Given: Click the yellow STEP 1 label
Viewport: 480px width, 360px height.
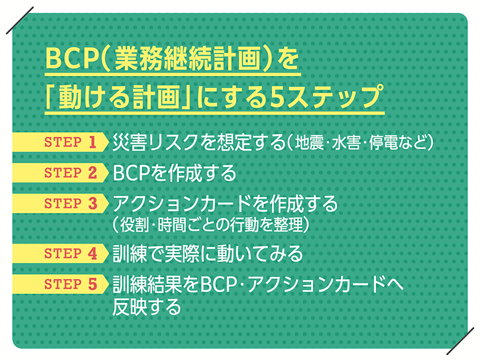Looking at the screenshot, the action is pos(61,142).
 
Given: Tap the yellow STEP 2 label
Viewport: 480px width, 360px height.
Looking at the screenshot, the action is pos(61,173).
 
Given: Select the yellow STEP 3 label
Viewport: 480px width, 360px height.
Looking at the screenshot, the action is pos(61,203).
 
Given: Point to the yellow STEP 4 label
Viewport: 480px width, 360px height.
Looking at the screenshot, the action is pos(61,253).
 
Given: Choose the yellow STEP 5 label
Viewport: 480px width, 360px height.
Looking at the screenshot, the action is pos(61,284).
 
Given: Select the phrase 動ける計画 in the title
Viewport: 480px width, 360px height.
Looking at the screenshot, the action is pos(119,98).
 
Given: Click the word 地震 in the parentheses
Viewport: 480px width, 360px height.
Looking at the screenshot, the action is pos(309,143).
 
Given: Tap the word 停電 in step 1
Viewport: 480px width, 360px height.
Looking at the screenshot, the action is pos(383,143).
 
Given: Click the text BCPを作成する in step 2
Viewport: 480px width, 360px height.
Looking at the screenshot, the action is pos(175,173).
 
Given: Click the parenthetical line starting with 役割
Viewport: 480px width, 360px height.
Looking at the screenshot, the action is pos(211,225).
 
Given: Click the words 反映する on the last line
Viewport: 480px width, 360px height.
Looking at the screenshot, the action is pos(147,307).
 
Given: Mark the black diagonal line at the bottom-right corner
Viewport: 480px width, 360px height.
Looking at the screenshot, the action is pos(461,341).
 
